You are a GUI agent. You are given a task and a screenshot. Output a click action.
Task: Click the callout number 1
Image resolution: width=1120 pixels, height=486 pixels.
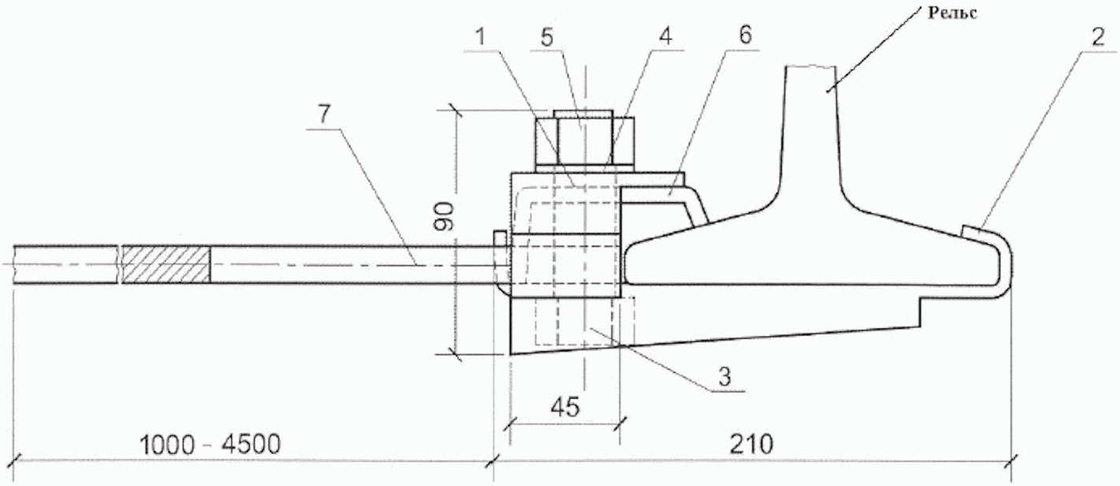481,38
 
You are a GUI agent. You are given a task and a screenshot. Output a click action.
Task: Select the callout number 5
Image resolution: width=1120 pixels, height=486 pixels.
548,38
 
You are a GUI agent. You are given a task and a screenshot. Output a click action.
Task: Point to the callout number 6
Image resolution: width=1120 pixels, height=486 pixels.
745,35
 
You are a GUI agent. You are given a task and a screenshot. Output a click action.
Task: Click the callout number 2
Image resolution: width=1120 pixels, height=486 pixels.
1098,38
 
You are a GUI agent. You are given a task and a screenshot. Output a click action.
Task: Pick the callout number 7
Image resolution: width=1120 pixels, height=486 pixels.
324,114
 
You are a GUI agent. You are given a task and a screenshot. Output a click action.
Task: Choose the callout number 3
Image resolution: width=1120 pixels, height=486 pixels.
724,377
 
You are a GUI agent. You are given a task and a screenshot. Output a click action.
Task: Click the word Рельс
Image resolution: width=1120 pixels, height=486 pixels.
952,13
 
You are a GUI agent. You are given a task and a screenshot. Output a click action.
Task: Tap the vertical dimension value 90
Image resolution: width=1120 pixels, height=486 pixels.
445,217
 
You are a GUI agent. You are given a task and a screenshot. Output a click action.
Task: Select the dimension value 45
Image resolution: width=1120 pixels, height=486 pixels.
565,407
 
